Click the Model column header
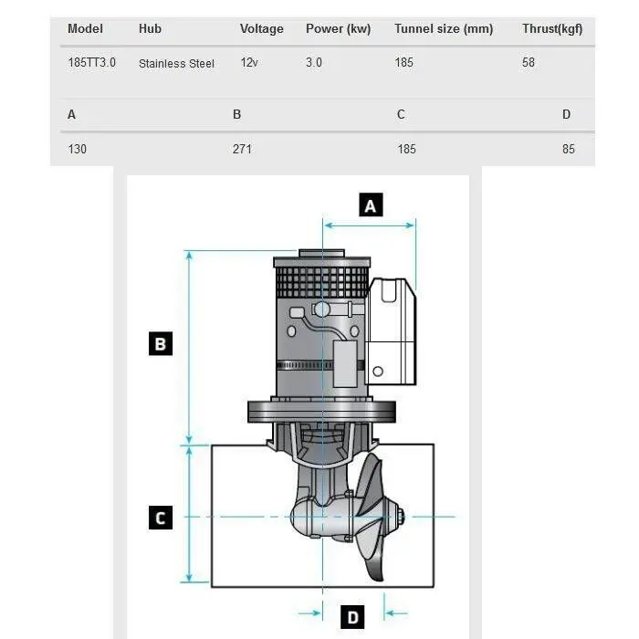(85, 29)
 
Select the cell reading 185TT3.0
(91, 63)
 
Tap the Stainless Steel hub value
(176, 64)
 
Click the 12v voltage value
(248, 63)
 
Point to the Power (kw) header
(338, 29)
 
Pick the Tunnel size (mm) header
(443, 29)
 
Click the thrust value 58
(529, 63)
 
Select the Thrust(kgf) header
(551, 29)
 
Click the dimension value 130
(77, 149)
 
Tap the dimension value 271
(242, 149)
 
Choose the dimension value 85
(569, 149)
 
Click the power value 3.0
(314, 63)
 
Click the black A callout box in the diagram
(370, 205)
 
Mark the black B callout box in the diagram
(160, 344)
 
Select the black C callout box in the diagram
(160, 518)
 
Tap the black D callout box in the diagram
(352, 618)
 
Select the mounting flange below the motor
(322, 413)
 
